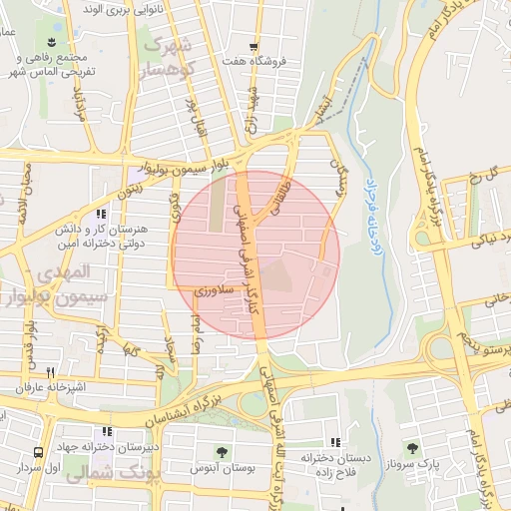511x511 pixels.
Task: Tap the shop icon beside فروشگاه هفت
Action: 255,47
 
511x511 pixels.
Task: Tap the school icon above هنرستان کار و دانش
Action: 99,213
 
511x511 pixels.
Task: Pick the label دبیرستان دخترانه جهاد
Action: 111,448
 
